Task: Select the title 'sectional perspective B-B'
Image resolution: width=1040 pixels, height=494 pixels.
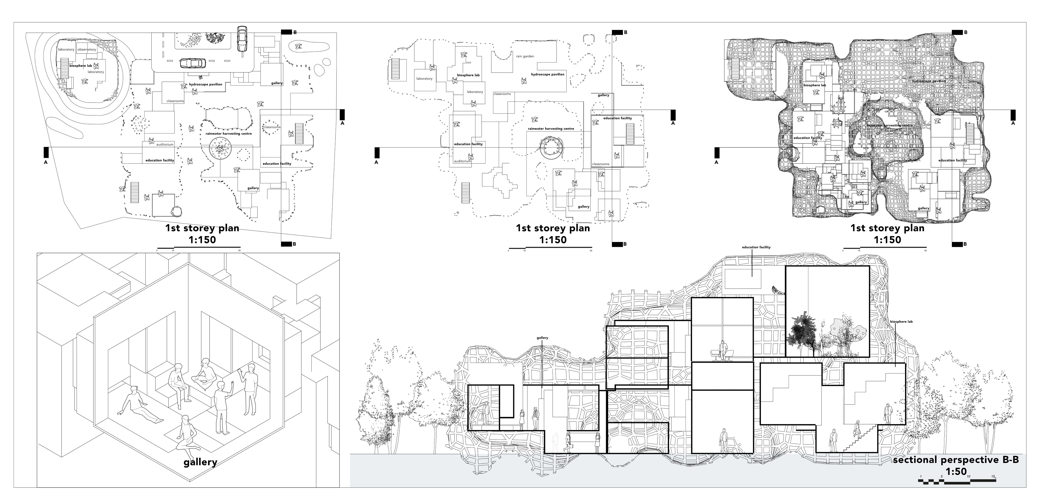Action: point(955,460)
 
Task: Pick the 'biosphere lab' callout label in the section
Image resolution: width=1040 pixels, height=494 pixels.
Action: point(901,322)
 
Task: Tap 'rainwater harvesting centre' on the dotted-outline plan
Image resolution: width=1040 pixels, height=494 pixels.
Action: point(551,129)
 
